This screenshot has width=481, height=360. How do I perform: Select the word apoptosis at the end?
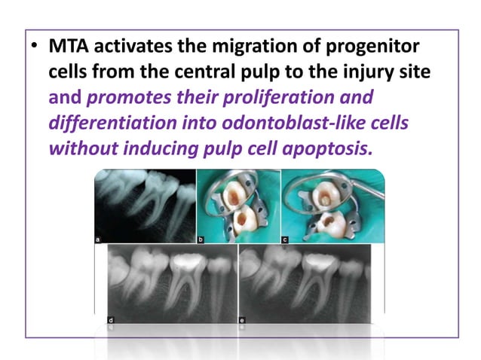[329, 148]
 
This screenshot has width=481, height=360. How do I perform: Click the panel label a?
[99, 238]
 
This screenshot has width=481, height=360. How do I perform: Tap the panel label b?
[201, 238]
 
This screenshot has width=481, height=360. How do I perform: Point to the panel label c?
[286, 238]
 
